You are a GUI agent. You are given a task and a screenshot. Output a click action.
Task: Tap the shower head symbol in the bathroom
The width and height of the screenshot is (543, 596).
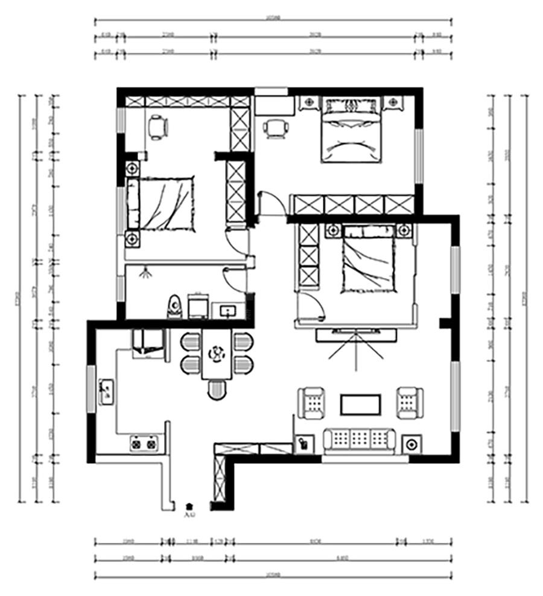tap(145, 273)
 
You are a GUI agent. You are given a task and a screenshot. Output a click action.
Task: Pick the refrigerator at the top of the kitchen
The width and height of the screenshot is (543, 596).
tap(148, 343)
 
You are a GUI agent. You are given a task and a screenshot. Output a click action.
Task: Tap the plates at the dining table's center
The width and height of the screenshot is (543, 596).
tap(216, 353)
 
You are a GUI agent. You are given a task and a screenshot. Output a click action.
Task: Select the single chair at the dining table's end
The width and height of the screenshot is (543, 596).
tap(217, 390)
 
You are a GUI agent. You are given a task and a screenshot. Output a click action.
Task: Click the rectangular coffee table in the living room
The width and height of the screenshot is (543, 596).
tap(361, 404)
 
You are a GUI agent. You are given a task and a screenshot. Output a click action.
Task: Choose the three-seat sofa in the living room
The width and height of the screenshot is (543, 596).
tap(360, 440)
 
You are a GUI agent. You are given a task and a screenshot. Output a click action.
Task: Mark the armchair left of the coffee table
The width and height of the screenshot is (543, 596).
tap(312, 403)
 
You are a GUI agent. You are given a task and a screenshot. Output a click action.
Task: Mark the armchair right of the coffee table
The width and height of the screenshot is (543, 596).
tap(410, 403)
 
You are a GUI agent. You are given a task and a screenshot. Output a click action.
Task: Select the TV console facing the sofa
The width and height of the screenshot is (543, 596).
tap(357, 334)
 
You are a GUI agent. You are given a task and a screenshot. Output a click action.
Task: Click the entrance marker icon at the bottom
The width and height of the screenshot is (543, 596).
tap(189, 506)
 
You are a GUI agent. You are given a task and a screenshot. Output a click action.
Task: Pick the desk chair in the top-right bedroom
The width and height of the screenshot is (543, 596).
tap(275, 128)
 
